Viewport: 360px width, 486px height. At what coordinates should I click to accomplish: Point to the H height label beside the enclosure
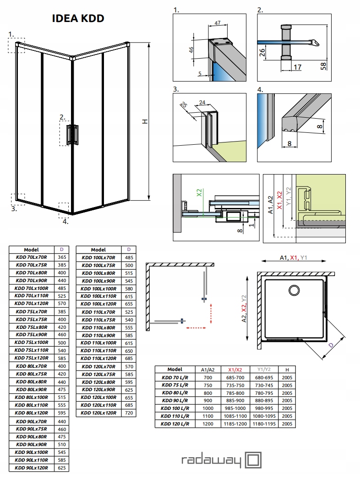[x=145, y=121]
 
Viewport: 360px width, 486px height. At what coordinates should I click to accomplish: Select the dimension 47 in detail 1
[x=218, y=22]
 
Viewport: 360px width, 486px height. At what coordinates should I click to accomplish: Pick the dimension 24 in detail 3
[x=202, y=103]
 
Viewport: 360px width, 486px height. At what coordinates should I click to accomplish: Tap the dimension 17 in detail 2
[x=297, y=67]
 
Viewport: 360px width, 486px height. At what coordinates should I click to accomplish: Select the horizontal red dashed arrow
[x=197, y=328]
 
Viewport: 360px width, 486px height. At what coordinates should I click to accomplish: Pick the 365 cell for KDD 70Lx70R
[x=62, y=258]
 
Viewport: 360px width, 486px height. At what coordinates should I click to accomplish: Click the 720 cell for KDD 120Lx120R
[x=129, y=413]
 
